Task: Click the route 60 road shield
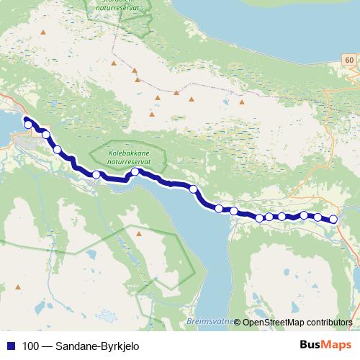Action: tap(348, 60)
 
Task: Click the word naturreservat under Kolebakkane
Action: tap(126, 162)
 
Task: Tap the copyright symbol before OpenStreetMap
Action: tap(237, 322)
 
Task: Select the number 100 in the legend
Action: tap(31, 346)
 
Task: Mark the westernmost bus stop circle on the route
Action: tap(28, 125)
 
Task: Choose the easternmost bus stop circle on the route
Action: tap(333, 220)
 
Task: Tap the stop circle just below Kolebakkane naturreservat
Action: tap(135, 171)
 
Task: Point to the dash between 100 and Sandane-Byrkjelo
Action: tap(49, 346)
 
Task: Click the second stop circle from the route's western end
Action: tap(45, 134)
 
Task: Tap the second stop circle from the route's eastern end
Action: tap(318, 217)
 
